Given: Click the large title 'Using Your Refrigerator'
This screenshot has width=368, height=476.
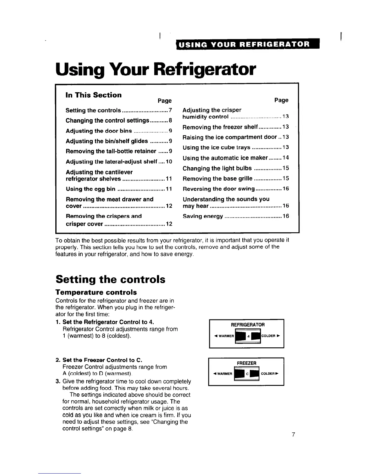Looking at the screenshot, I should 156,69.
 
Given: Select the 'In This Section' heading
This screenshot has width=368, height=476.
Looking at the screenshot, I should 94,95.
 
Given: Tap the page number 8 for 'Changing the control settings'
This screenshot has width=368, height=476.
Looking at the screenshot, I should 170,121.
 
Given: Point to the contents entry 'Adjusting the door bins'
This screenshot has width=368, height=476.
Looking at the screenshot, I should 99,131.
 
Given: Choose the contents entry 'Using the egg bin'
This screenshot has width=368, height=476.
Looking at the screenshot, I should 90,189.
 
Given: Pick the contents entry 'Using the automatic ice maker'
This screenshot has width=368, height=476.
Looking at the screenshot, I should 225,158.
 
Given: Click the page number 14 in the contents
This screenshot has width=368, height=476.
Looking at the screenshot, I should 286,158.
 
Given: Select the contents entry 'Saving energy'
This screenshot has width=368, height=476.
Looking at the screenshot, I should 203,216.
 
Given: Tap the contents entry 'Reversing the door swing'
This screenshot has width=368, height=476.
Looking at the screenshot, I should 219,189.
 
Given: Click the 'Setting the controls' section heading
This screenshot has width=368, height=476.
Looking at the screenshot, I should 110,279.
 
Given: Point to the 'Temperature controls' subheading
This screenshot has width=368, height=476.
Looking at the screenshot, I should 96,292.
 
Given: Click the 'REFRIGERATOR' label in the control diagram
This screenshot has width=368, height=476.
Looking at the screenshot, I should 247,325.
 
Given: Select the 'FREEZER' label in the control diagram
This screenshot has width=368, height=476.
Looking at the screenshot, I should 247,363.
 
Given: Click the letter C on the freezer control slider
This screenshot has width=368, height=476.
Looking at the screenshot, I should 247,374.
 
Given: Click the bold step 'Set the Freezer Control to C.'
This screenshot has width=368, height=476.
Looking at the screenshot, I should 102,360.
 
